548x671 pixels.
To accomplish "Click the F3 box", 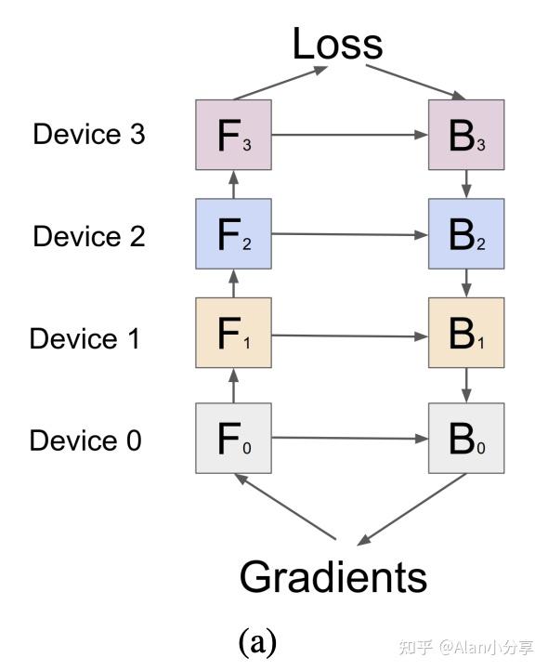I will (233, 135).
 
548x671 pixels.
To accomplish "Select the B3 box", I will (466, 135).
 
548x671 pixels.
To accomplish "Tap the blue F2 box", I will (233, 234).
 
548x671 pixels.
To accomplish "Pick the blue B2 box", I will (466, 234).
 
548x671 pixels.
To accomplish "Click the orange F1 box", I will (233, 335).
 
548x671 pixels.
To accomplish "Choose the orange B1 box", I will (466, 335).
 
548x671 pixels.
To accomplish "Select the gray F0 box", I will (233, 439).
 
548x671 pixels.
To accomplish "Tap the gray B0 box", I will (466, 439).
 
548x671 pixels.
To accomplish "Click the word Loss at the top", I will (338, 44).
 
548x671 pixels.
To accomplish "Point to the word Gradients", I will (333, 576).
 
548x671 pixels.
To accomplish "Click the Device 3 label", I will (89, 135).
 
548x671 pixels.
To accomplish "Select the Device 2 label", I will (89, 236).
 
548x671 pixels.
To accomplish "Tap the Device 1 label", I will (85, 338).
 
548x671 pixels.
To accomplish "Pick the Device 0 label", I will (85, 440).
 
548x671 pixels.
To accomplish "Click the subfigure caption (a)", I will (257, 642).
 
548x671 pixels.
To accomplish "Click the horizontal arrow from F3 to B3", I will (349, 135).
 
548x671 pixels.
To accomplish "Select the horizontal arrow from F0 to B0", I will (349, 439).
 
